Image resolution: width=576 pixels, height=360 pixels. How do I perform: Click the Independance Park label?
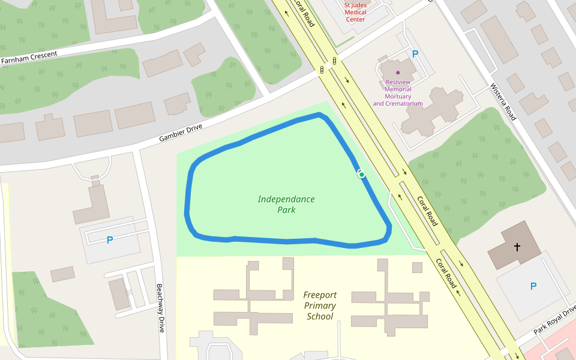coord(286,205)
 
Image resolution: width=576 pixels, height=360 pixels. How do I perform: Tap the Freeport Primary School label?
coord(320,305)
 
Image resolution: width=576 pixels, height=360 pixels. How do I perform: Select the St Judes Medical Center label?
coord(355,13)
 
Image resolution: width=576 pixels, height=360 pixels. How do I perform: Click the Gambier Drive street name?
coord(181,133)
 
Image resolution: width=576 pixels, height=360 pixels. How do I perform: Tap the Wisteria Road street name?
coord(503,101)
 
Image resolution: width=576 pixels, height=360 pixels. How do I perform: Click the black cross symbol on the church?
coord(517,247)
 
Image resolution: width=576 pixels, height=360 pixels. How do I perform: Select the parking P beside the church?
coord(533,287)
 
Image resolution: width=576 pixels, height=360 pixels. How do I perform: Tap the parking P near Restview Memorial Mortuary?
coord(415,54)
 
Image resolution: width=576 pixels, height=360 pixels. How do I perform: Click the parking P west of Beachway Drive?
coord(109,240)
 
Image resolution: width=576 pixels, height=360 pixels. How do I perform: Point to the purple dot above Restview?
coord(398,73)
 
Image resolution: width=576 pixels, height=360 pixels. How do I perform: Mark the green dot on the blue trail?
coord(361,174)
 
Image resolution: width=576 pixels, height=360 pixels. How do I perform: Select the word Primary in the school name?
coord(320,305)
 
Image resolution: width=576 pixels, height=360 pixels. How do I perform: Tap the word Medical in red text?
coord(356,13)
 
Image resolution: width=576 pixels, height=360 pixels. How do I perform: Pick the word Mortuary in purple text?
coord(398,97)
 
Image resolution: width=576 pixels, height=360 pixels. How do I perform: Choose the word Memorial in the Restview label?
coord(398,89)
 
